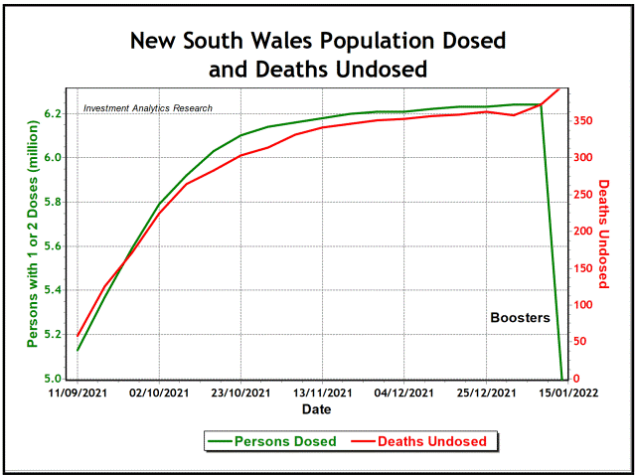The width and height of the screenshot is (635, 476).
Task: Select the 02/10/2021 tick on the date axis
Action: coord(159,394)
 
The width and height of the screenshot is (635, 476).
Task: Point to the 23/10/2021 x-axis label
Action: coord(240,394)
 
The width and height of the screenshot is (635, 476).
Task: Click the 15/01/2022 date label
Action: coord(562,394)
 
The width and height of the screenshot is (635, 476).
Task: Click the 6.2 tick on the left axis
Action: coord(55,114)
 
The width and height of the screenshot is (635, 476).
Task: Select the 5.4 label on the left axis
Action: coord(55,291)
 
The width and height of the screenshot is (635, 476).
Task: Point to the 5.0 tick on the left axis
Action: coord(55,380)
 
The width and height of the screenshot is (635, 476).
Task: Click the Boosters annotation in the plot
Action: coord(520,319)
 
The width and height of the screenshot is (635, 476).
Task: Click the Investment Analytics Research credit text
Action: coord(148,108)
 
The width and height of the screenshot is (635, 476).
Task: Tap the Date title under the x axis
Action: coord(318,409)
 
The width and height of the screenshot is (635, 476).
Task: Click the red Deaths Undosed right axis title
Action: coord(603,234)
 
